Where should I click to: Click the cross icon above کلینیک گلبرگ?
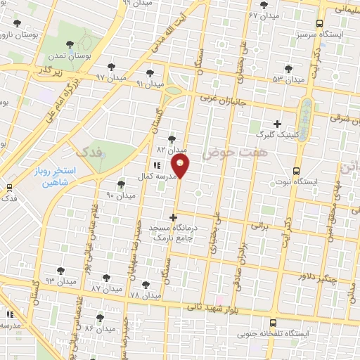coord(277,124)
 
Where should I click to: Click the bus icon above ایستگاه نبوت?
coord(295,171)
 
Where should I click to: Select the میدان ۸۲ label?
coord(172,150)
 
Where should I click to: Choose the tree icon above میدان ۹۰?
coord(121,184)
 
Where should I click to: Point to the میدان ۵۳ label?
coord(289,79)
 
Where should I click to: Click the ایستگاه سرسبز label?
coord(340,33)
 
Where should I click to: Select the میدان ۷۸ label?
coord(146,295)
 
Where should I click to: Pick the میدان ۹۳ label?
coord(60,281)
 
